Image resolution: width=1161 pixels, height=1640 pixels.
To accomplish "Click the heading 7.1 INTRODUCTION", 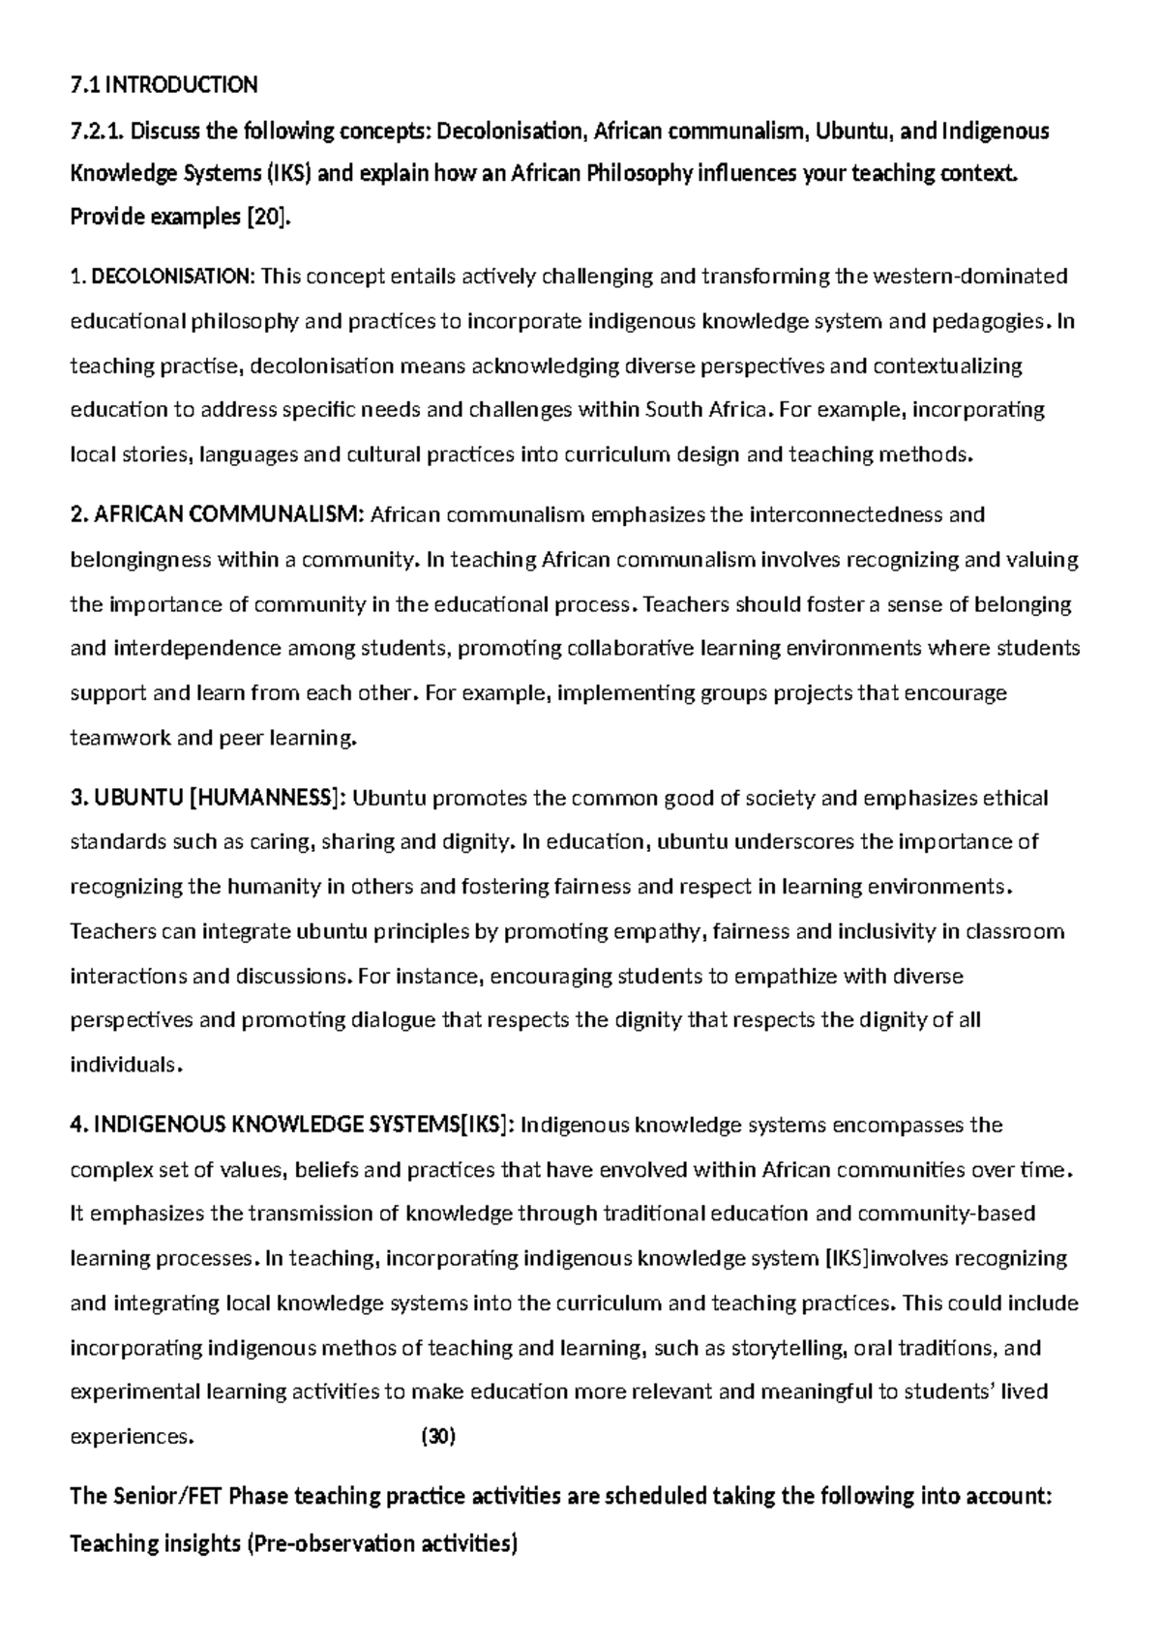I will tap(164, 85).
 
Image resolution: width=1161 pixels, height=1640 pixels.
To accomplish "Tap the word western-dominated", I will tap(970, 277).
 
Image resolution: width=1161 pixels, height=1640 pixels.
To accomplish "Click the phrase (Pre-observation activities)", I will tap(383, 1544).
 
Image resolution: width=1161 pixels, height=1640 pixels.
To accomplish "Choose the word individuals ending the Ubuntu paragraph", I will tap(124, 1066).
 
